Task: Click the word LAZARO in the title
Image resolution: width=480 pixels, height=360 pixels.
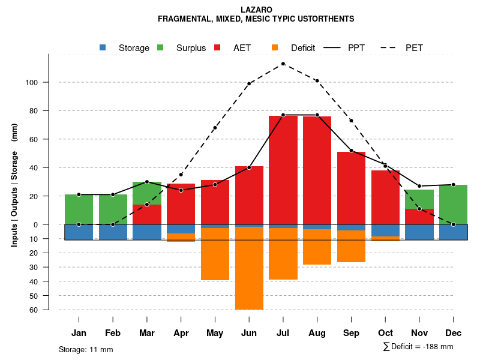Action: click(256, 10)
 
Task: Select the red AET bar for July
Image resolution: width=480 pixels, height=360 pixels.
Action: click(283, 168)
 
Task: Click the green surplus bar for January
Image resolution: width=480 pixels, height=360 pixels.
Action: click(79, 209)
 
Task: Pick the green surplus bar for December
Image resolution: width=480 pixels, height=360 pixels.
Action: click(454, 205)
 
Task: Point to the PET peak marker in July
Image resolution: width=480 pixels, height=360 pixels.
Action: click(283, 64)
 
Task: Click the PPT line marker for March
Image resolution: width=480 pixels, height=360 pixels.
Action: click(147, 182)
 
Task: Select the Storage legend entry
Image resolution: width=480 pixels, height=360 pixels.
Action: click(126, 48)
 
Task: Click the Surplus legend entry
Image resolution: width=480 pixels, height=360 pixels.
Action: click(184, 48)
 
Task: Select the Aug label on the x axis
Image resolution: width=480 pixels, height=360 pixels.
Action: click(317, 333)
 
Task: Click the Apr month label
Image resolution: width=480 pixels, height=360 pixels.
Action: click(181, 333)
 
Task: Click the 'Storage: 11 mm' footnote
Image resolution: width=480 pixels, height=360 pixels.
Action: click(86, 349)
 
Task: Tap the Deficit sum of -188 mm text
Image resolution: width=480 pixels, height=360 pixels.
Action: click(418, 347)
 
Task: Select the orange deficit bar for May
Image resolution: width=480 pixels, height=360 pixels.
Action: click(215, 254)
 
